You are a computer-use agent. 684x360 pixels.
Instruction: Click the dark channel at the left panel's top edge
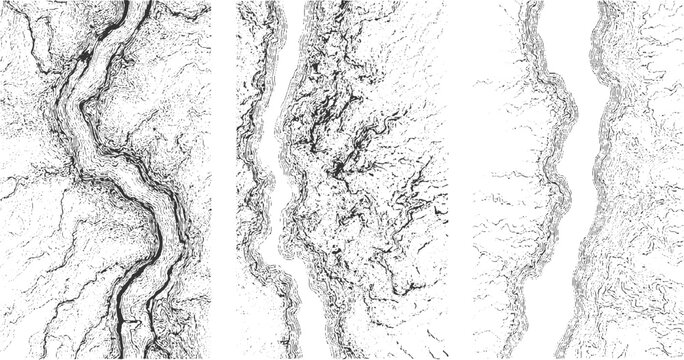[x=128, y=4]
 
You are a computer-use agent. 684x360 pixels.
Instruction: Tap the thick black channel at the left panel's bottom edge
[x=126, y=354]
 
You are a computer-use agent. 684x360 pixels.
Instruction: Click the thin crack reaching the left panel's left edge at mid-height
[x=6, y=186]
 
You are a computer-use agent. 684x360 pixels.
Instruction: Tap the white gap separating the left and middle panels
[x=223, y=180]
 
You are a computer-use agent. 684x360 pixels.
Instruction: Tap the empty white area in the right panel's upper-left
[x=495, y=50]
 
